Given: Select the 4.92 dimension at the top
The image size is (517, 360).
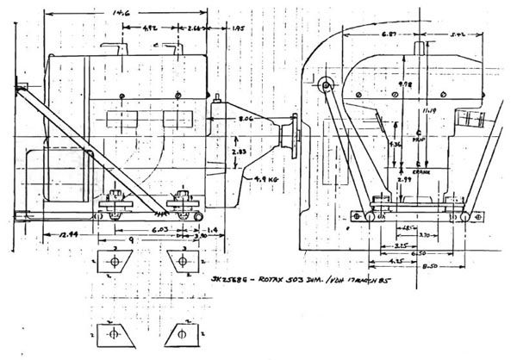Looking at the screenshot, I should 150,28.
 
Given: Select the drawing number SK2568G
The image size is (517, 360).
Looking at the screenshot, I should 234,282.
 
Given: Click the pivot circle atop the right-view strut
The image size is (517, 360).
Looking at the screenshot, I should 326,85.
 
